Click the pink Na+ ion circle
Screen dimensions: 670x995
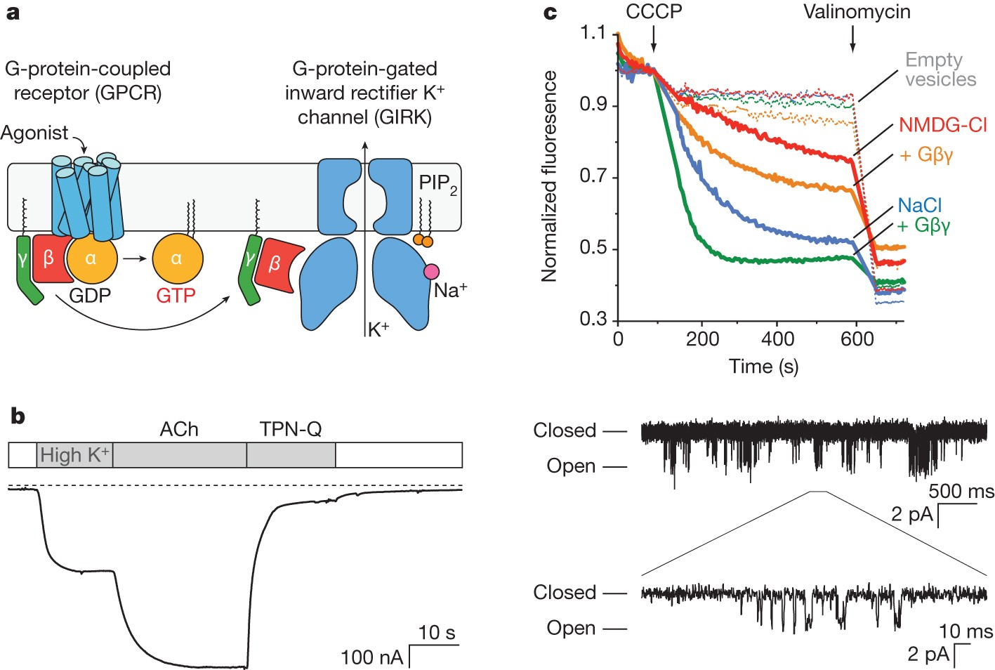[x=431, y=272]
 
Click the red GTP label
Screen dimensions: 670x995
[x=176, y=296]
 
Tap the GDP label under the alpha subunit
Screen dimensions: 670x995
[x=90, y=296]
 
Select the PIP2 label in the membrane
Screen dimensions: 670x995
[x=437, y=184]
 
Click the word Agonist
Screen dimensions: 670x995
[x=34, y=133]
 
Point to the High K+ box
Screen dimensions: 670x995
[x=74, y=455]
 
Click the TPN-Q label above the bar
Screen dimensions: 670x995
[x=291, y=429]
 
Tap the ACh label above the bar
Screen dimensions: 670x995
[x=179, y=429]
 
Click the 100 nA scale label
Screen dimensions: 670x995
[x=371, y=657]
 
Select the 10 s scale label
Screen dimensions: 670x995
[x=436, y=633]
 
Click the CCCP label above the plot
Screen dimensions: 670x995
[x=654, y=12]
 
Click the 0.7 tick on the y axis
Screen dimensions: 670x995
[x=593, y=176]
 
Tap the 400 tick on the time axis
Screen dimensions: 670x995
[x=778, y=340]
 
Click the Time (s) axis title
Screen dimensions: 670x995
[x=763, y=366]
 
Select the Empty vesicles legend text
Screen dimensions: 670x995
[x=940, y=70]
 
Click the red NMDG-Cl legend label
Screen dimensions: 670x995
[x=943, y=125]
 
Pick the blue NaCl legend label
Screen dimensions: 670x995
[x=919, y=205]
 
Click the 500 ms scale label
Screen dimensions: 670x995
[x=961, y=491]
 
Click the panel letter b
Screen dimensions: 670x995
[x=18, y=416]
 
